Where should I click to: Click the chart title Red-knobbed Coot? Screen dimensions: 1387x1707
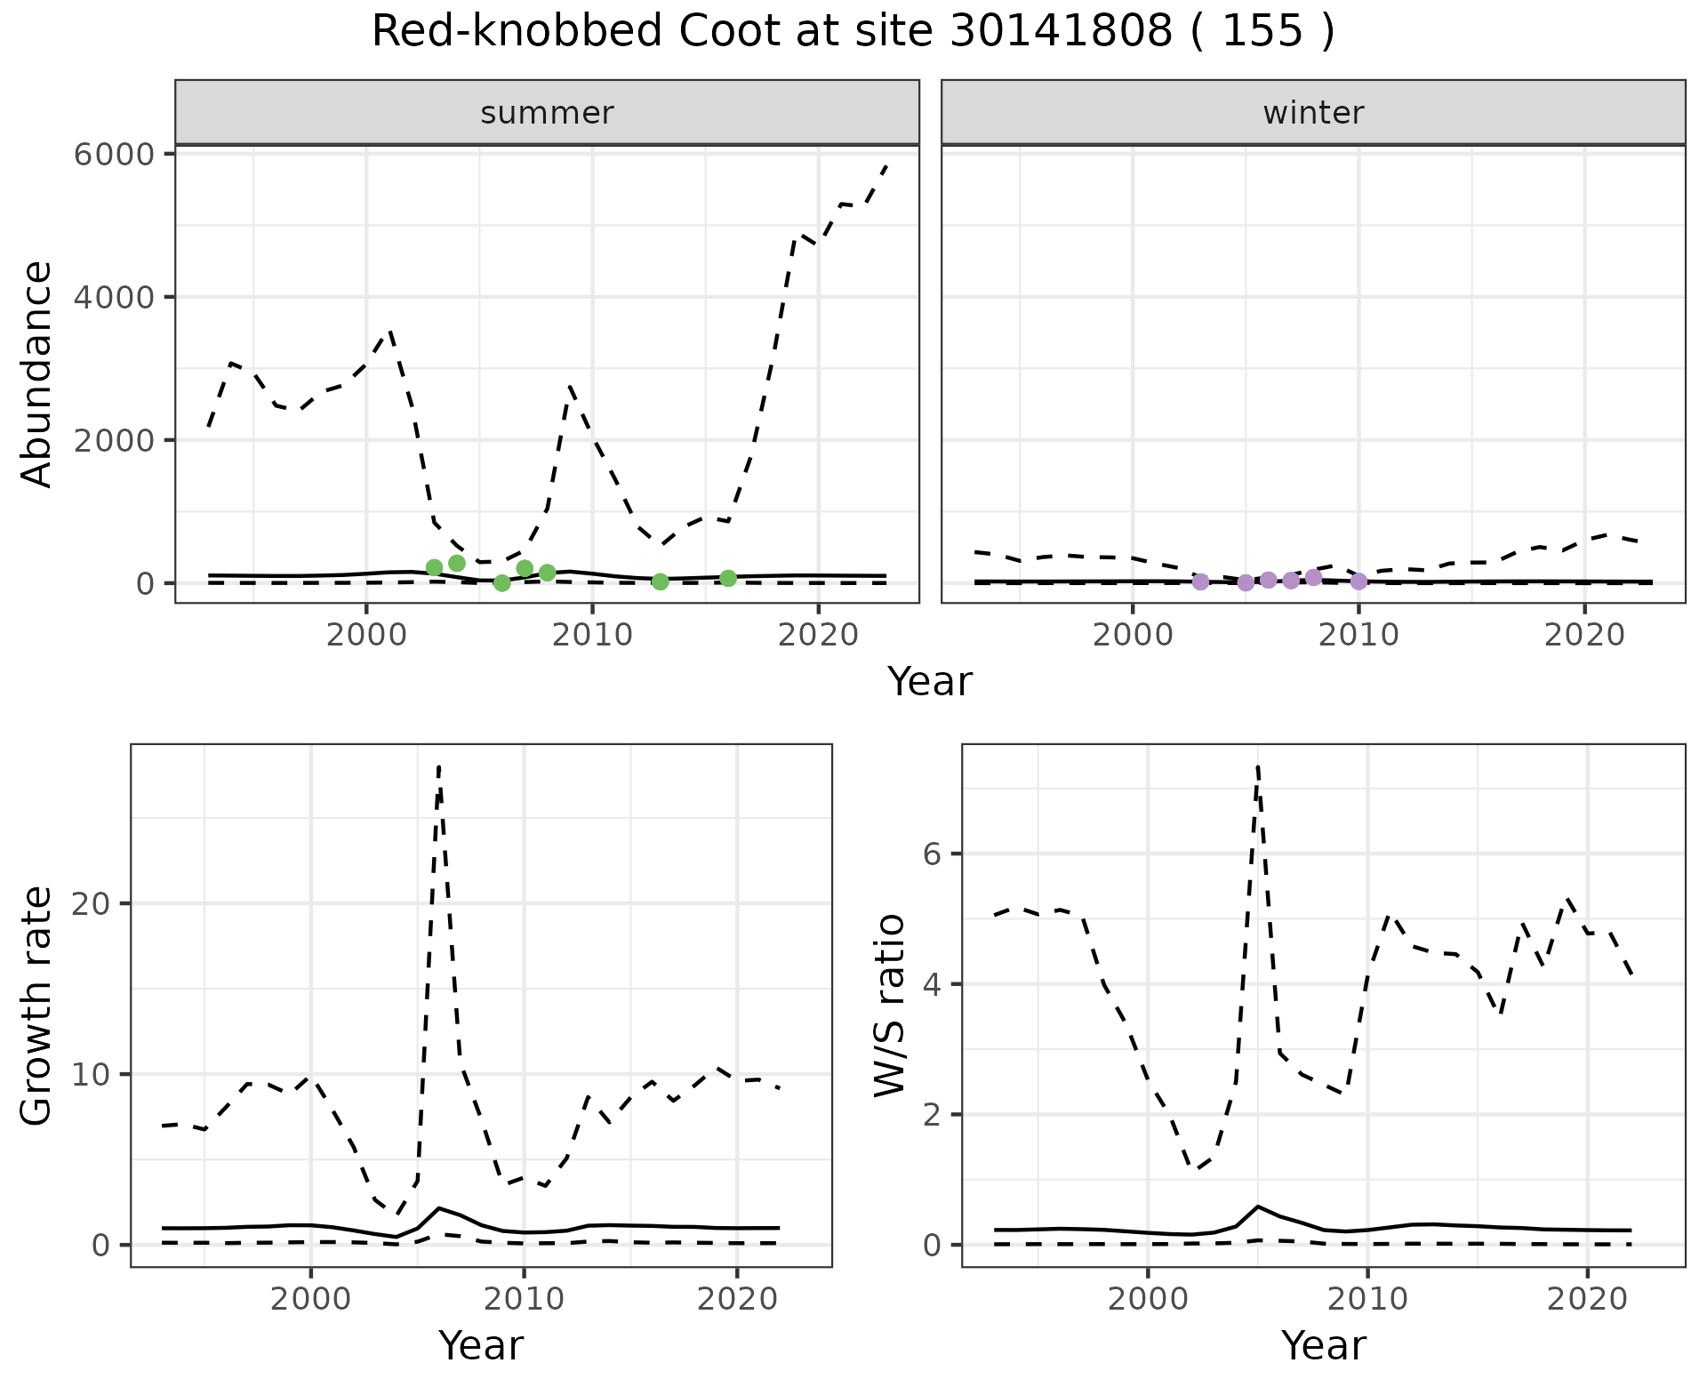853,32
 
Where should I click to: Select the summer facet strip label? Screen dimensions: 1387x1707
547,113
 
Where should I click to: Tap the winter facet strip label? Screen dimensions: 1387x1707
1313,113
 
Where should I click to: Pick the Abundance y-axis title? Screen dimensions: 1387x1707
37,373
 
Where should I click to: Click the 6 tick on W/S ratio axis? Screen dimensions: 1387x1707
931,854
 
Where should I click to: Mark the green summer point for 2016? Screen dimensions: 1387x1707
728,579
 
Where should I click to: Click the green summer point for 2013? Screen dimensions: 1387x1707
660,581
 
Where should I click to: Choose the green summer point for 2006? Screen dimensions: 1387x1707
502,583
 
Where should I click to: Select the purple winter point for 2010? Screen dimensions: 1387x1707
1358,581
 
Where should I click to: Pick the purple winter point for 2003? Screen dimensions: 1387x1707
1200,582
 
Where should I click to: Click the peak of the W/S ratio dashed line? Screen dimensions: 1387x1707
1258,766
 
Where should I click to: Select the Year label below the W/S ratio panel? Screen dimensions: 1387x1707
1323,1345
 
